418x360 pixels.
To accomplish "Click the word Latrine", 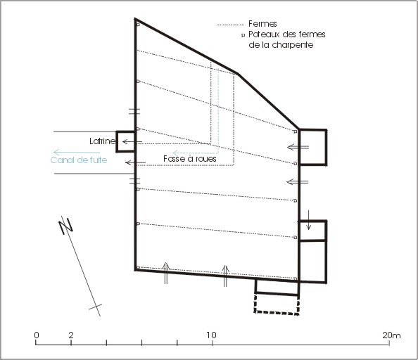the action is tap(103, 141).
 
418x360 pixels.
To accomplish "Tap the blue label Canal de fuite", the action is tap(79, 160).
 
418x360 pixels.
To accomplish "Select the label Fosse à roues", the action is tap(190, 159).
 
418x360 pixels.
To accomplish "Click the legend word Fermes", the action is tap(262, 24).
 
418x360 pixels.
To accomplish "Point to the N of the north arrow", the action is tap(65, 226).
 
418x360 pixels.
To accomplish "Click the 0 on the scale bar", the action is tap(37, 335).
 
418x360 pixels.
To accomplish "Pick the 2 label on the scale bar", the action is tap(70, 335).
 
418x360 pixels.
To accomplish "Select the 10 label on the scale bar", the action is tap(211, 335).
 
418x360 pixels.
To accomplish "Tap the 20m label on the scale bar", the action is tap(391, 335).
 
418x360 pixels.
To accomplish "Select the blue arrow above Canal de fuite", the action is tap(77, 153).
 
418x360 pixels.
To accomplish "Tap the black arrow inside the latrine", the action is tap(132, 141).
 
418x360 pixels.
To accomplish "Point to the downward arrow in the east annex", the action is tap(308, 220).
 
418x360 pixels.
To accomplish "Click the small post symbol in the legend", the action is tap(243, 35).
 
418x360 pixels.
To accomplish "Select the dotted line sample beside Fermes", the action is tap(230, 25).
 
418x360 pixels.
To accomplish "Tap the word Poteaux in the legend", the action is tap(264, 34).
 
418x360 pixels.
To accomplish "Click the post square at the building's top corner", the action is tap(138, 25).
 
